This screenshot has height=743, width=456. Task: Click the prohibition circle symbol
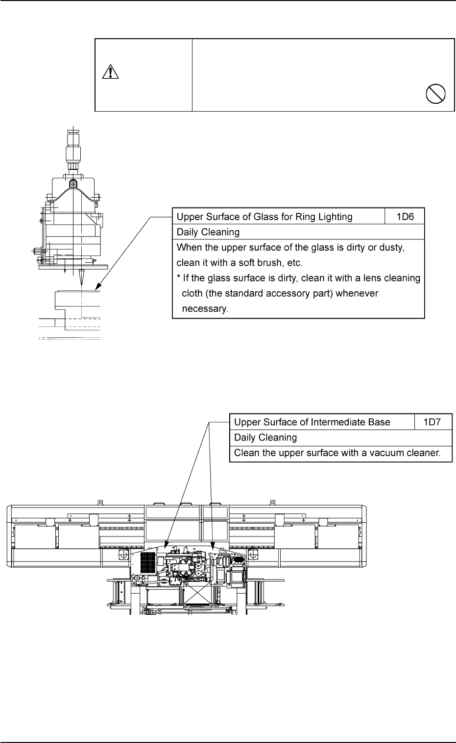coord(435,93)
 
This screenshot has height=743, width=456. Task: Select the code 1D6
coord(404,217)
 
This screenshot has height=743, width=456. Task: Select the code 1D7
coord(433,422)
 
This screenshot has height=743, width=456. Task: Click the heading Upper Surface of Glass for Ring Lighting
coord(264,217)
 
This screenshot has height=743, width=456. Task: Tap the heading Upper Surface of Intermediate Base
coord(312,422)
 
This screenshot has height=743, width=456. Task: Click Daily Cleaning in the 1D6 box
coord(208,232)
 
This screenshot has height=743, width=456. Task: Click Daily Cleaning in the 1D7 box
coord(265,438)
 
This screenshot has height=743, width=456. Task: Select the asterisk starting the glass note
coord(179,278)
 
